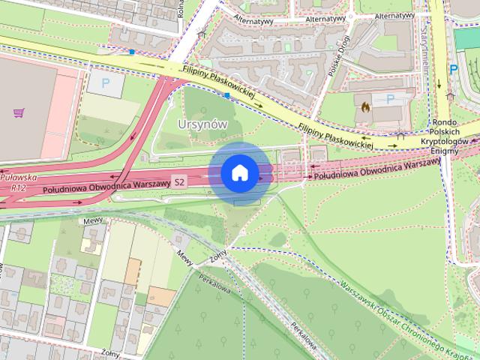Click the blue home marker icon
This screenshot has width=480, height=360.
click(239, 172)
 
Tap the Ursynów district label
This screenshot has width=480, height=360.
click(202, 124)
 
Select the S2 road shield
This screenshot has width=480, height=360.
click(179, 182)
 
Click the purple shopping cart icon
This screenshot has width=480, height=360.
click(18, 112)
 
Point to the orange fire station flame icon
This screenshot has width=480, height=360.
click(365, 106)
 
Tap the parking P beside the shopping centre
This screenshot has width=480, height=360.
click(104, 82)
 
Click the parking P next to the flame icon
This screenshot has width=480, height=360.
click(389, 99)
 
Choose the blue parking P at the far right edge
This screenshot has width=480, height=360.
click(454, 69)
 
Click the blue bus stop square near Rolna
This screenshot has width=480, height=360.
click(132, 52)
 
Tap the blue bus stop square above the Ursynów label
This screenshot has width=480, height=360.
click(226, 95)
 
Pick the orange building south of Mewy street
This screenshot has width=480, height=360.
click(133, 270)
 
